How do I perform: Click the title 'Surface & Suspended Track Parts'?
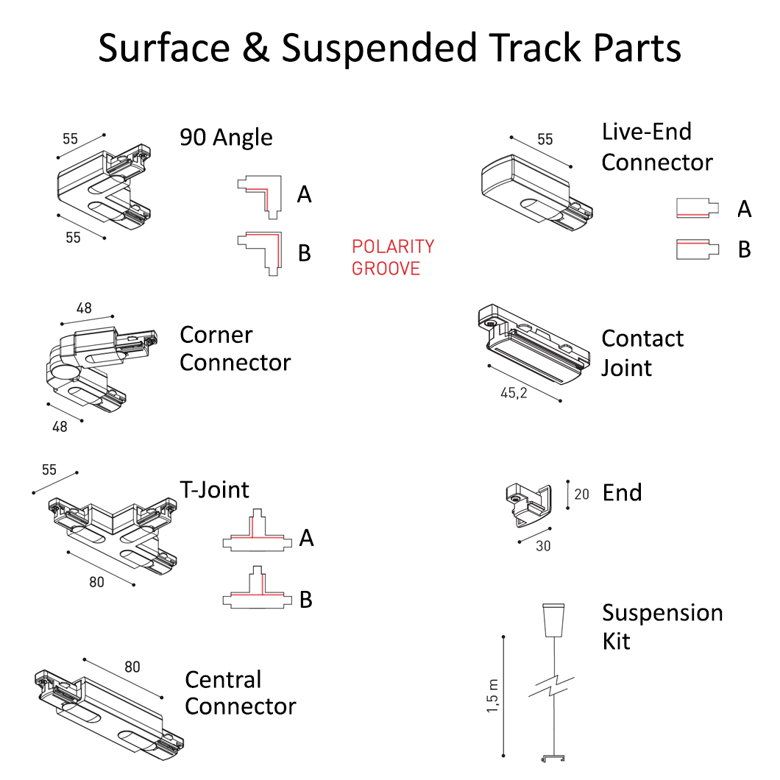click(390, 49)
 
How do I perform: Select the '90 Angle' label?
click(226, 138)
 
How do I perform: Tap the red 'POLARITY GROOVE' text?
click(393, 258)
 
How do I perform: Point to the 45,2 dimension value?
click(514, 394)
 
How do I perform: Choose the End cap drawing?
click(529, 504)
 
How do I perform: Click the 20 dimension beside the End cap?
click(581, 494)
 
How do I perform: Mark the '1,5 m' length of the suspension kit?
click(492, 695)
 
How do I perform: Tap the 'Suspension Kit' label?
click(662, 626)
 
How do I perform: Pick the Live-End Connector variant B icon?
click(697, 249)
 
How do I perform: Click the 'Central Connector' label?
click(240, 692)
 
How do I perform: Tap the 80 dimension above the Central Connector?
click(132, 667)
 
